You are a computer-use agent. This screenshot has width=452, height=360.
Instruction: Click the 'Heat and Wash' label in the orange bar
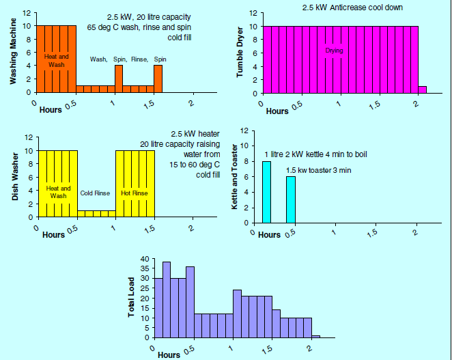[x=55, y=61]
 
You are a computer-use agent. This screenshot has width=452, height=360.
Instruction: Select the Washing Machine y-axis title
[x=13, y=53]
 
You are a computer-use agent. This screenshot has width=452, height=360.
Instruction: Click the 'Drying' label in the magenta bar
[x=335, y=51]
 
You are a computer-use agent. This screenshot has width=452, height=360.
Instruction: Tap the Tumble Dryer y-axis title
[x=240, y=53]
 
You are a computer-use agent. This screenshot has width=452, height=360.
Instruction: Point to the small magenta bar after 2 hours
[x=422, y=89]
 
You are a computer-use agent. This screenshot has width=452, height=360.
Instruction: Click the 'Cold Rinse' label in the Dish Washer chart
[x=95, y=193]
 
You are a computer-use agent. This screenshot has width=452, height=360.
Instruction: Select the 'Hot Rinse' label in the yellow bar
[x=135, y=193]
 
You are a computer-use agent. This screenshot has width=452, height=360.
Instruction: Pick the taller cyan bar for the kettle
[x=266, y=192]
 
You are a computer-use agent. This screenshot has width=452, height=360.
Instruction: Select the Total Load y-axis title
[x=131, y=299]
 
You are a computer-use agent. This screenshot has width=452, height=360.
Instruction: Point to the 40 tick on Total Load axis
[x=144, y=259]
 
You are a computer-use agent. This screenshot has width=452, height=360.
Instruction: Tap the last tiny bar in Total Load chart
[x=315, y=336]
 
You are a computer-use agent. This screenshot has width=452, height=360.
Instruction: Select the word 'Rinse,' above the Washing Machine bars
[x=139, y=59]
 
